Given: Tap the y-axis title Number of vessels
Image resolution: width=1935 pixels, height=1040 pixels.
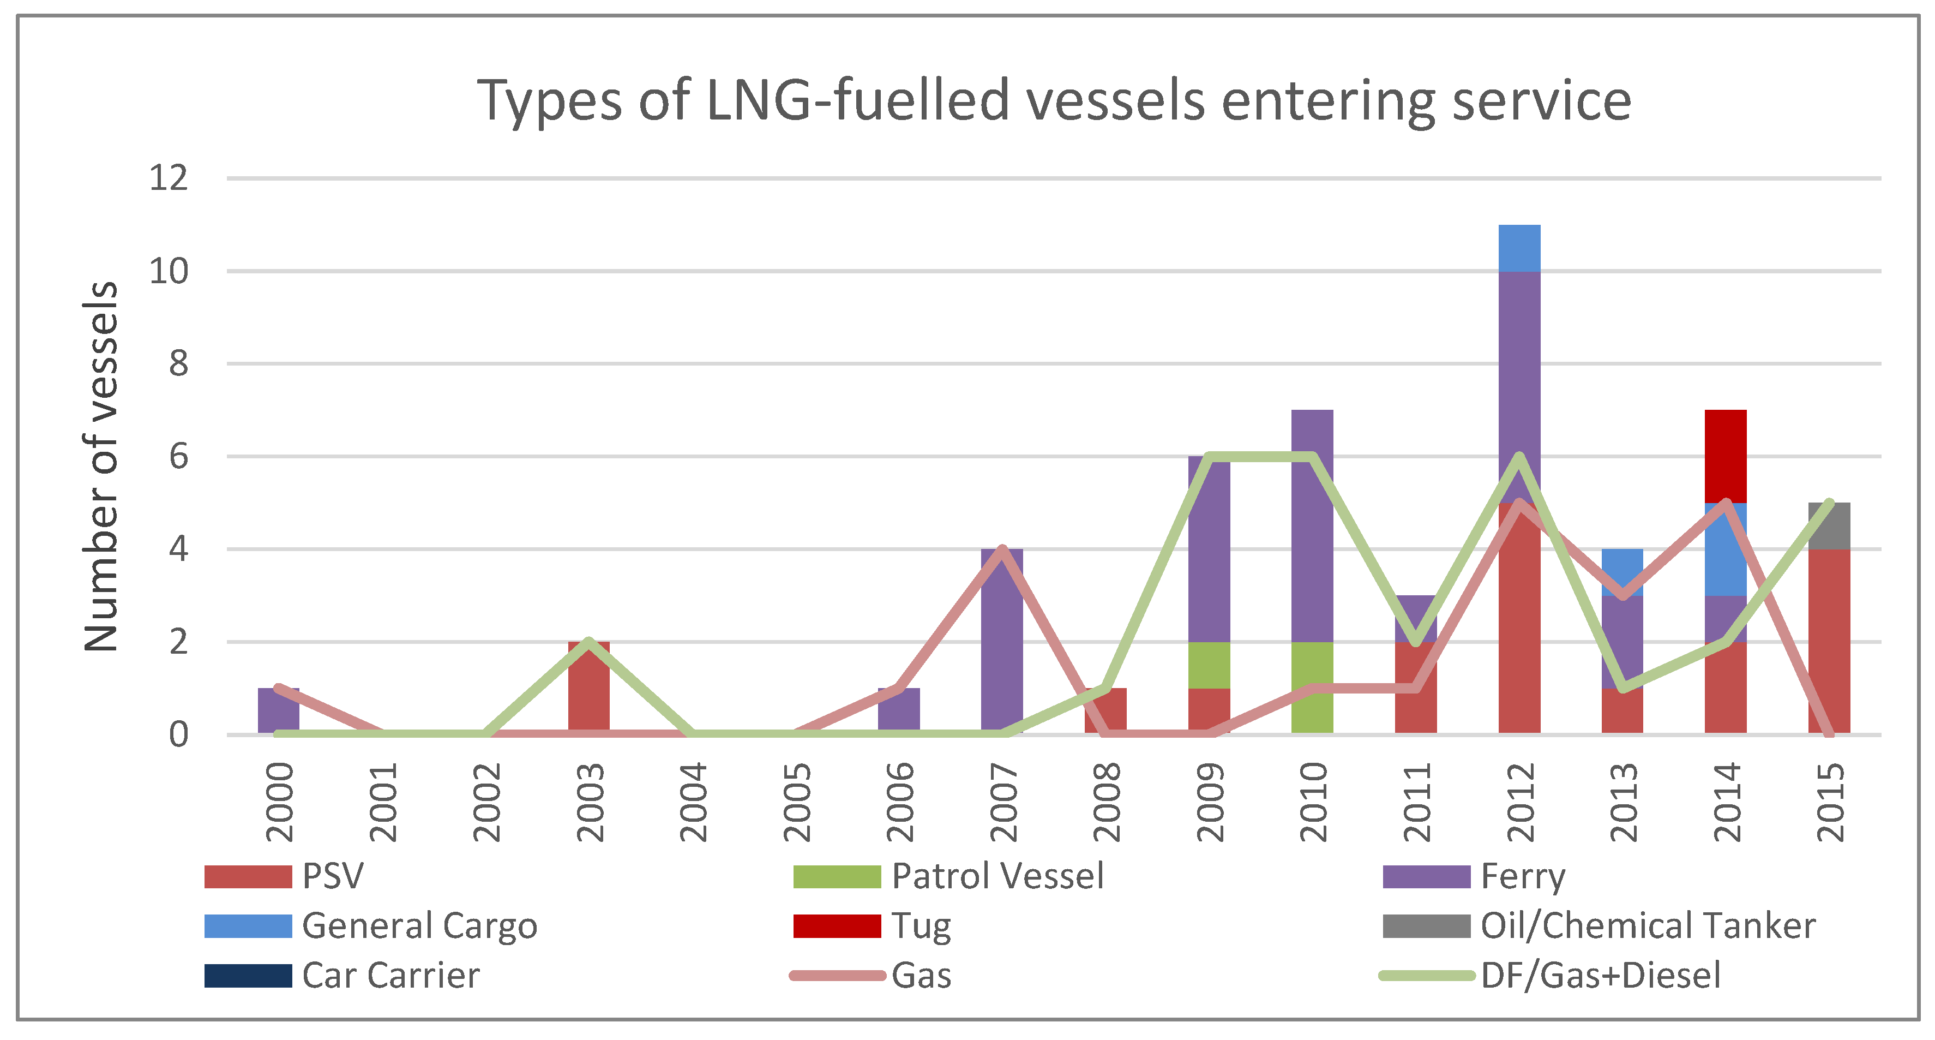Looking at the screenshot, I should pyautogui.click(x=101, y=466).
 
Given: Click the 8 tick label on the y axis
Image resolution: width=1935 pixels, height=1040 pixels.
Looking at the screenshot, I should pyautogui.click(x=178, y=364).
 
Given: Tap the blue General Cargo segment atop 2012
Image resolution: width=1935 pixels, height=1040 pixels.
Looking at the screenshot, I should pyautogui.click(x=1519, y=248).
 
